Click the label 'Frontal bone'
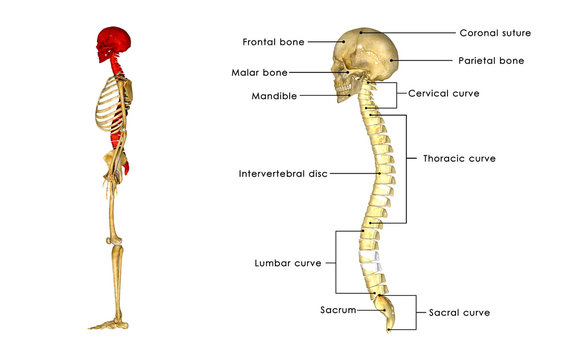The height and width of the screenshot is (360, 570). tap(273, 42)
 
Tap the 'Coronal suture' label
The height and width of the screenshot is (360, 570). tap(494, 33)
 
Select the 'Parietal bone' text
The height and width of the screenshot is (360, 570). tap(491, 61)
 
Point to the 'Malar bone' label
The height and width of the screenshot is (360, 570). tap(260, 73)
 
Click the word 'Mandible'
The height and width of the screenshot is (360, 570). tap(272, 96)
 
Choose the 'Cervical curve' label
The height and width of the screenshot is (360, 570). tap(443, 93)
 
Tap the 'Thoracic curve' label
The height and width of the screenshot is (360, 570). tap(459, 158)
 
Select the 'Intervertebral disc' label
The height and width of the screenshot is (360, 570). tap(282, 173)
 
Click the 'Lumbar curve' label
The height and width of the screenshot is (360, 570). tap(287, 263)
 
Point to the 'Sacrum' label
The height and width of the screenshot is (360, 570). tap(339, 311)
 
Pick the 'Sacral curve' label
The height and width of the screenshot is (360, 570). tap(459, 312)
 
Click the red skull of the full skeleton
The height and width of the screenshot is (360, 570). tap(111, 43)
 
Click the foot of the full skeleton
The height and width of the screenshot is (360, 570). tap(108, 323)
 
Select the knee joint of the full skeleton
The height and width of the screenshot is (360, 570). tap(118, 241)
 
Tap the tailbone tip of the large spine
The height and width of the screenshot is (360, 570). tap(389, 326)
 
